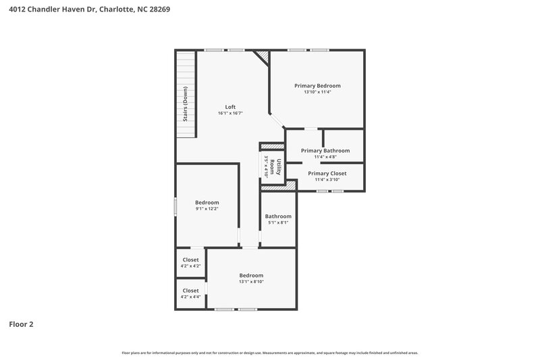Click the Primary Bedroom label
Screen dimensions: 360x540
tap(317, 86)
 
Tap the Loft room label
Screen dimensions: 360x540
tap(230, 107)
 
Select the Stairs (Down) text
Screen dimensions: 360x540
tap(186, 103)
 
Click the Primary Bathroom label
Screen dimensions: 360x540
tap(325, 151)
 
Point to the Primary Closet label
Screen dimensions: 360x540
tap(327, 174)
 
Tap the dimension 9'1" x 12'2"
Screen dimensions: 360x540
tap(207, 209)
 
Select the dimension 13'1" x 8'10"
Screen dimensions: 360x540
tap(251, 282)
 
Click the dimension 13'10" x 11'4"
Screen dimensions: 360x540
tap(317, 93)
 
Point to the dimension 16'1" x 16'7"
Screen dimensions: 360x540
tap(230, 113)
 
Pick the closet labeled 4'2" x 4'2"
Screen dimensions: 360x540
tap(190, 266)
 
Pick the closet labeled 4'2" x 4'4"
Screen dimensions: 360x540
tap(190, 297)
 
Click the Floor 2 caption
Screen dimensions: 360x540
tap(21, 324)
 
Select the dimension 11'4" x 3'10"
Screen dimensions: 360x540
tap(327, 180)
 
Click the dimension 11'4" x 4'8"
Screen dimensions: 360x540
tap(325, 157)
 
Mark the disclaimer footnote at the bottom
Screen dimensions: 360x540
tap(270, 353)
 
